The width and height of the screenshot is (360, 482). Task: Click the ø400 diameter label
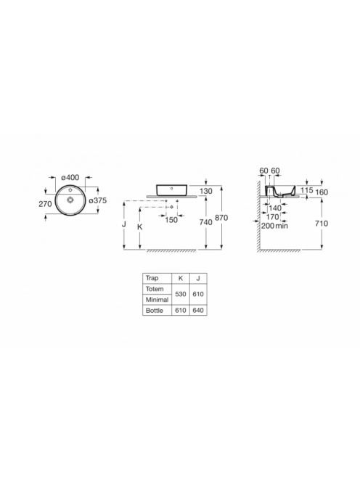click(70, 177)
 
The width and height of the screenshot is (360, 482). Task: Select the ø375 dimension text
click(98, 200)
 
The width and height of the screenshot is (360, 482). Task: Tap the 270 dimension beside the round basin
click(45, 203)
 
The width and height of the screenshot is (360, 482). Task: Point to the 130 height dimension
click(205, 191)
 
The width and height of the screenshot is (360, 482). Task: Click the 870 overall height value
click(221, 218)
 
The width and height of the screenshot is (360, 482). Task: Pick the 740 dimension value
click(205, 222)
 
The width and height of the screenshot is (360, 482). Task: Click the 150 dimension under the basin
click(171, 220)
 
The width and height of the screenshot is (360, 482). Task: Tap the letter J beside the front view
click(124, 224)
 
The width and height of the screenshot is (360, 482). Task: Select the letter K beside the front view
click(140, 227)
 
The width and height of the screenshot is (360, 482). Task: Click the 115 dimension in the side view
click(306, 190)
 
